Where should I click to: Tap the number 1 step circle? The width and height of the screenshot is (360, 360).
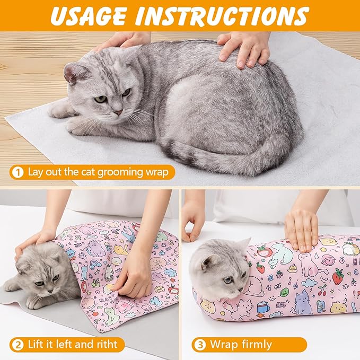(17, 172)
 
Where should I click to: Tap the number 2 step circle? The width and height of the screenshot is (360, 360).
(17, 344)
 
